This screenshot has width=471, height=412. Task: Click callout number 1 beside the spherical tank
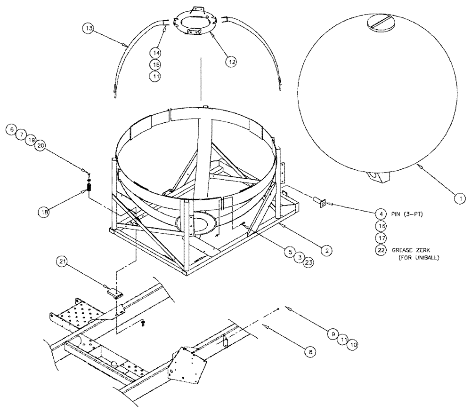(x=456, y=199)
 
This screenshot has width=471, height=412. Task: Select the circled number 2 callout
(x=325, y=251)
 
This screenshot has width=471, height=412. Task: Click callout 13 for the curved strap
(x=89, y=29)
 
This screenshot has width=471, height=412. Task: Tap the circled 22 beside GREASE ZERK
(x=381, y=250)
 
